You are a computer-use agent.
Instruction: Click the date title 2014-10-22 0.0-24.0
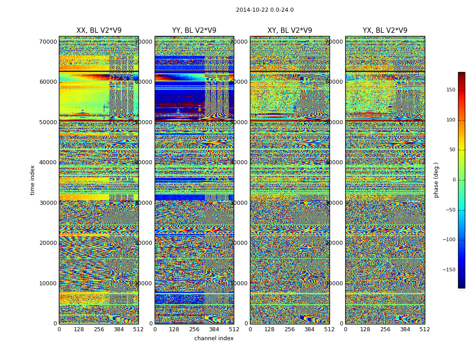click(x=264, y=10)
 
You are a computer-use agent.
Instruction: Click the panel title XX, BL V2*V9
click(x=99, y=31)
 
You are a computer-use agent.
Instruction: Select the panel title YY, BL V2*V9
click(x=194, y=31)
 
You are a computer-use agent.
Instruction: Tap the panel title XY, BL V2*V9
click(x=289, y=31)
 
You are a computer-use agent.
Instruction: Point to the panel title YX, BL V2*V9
click(x=385, y=31)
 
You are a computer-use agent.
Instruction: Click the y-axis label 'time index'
click(x=32, y=180)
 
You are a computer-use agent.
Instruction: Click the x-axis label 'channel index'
click(x=214, y=338)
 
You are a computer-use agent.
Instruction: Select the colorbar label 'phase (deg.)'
click(x=436, y=180)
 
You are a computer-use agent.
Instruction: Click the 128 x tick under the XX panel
click(x=79, y=329)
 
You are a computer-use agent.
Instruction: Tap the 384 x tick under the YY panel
click(x=214, y=329)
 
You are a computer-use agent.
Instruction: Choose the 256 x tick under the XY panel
click(x=289, y=329)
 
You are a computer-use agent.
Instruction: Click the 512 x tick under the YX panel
click(x=425, y=329)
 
